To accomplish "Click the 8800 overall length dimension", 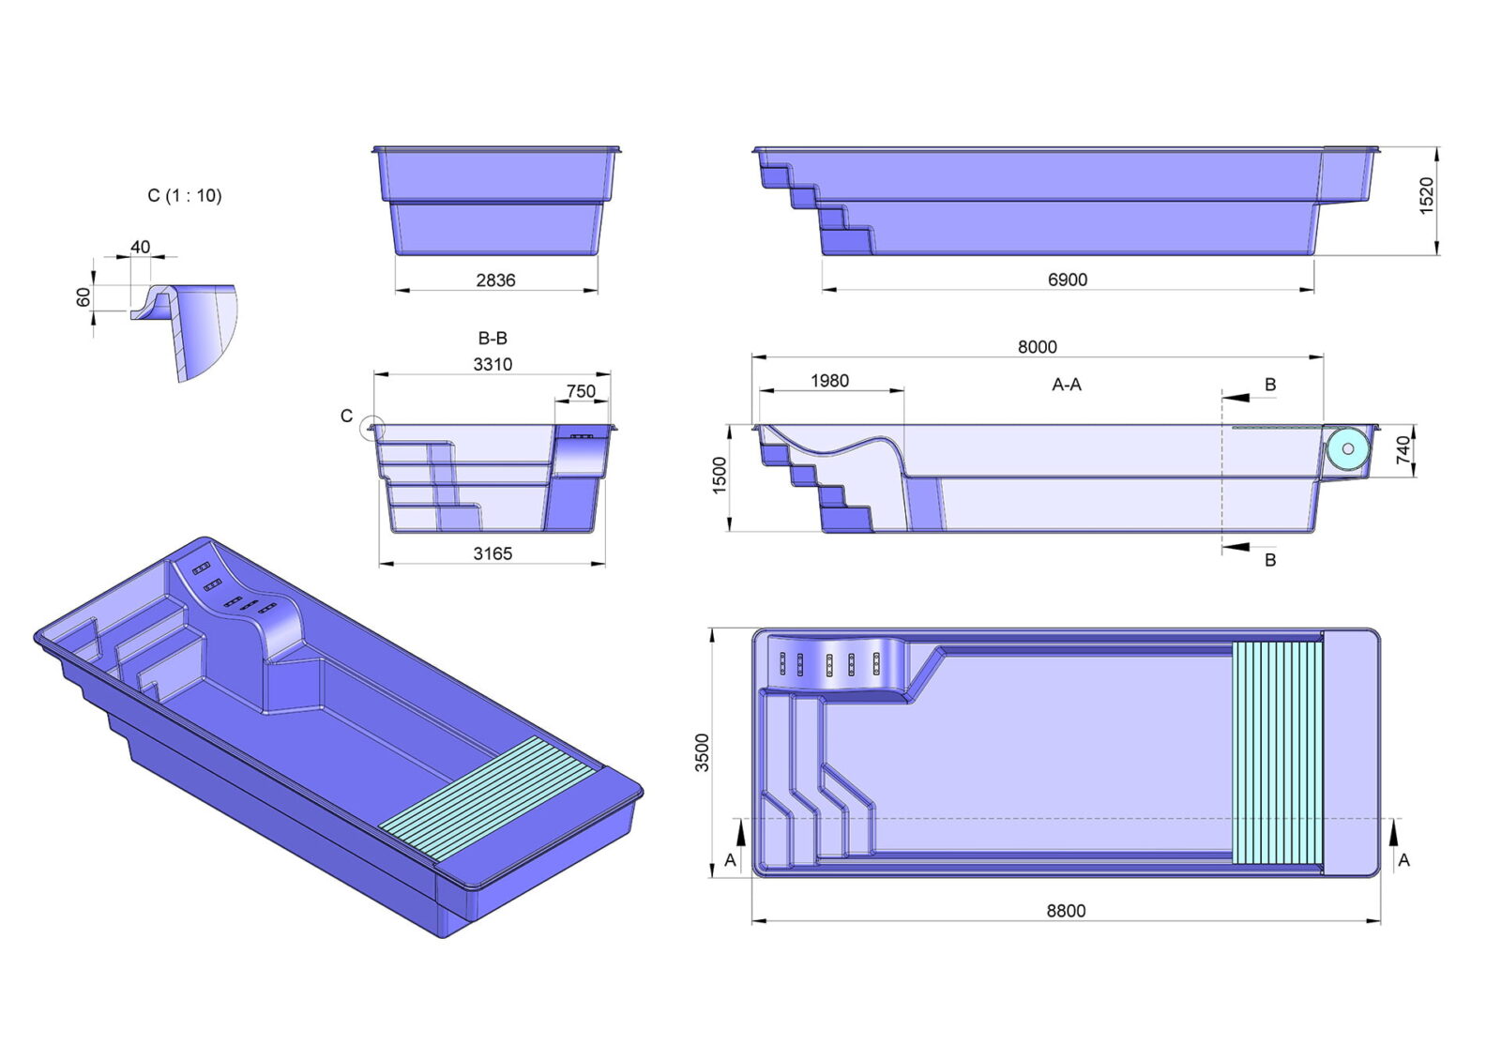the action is click(x=1066, y=911).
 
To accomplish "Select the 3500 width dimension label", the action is click(x=702, y=752).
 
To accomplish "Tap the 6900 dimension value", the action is click(x=1068, y=280).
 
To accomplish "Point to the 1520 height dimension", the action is click(x=1427, y=196).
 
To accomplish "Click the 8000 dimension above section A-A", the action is click(x=1038, y=346).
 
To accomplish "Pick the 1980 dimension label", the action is click(x=829, y=381).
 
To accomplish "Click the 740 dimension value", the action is click(x=1403, y=449).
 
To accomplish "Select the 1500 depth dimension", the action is click(x=719, y=476).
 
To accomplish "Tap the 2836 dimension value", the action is click(x=496, y=280).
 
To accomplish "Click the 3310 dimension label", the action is click(x=493, y=364).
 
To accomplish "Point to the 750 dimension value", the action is click(x=581, y=391).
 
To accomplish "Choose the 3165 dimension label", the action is click(x=493, y=553).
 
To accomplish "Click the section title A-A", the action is click(x=1066, y=385).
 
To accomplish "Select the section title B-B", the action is click(x=493, y=338).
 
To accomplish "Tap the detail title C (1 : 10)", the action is click(x=184, y=196).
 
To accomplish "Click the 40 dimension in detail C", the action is click(x=140, y=248).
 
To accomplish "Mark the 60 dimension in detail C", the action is click(x=83, y=296).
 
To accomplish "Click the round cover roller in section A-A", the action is click(x=1347, y=449).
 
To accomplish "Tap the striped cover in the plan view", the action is click(x=1278, y=752).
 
